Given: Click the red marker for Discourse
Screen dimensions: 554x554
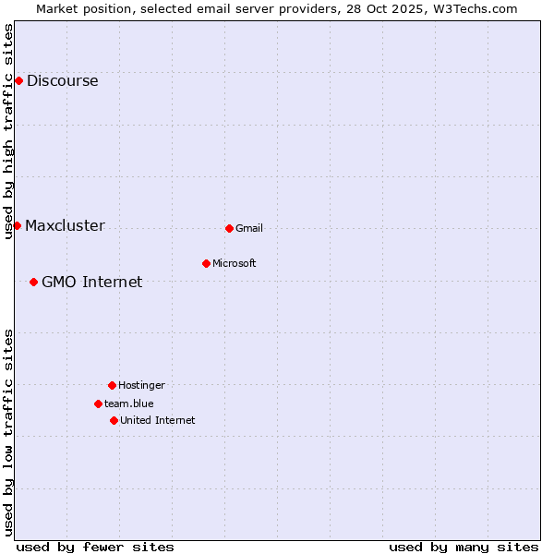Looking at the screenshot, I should pyautogui.click(x=18, y=81).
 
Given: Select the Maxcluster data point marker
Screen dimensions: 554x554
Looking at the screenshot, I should pyautogui.click(x=17, y=226).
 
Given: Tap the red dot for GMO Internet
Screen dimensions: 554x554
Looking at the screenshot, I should pyautogui.click(x=33, y=282).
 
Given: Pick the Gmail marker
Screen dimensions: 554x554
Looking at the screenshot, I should pyautogui.click(x=229, y=228).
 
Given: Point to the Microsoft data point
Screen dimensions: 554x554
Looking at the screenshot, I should pyautogui.click(x=206, y=263).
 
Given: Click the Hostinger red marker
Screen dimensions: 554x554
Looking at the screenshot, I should pyautogui.click(x=112, y=385).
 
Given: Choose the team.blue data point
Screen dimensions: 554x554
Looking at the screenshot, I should pyautogui.click(x=98, y=403).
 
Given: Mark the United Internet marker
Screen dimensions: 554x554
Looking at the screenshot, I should pyautogui.click(x=114, y=420).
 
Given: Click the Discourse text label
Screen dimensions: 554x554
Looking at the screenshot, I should pyautogui.click(x=62, y=81).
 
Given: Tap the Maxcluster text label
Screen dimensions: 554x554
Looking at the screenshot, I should pyautogui.click(x=65, y=226).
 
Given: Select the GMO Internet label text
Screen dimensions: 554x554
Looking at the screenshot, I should pyautogui.click(x=91, y=283).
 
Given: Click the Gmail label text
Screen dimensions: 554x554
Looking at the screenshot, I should pyautogui.click(x=249, y=228).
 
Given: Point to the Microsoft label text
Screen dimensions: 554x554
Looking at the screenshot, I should pyautogui.click(x=235, y=263).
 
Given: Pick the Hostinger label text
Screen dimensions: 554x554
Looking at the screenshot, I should pyautogui.click(x=141, y=385).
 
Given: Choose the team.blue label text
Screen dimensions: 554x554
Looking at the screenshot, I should pyautogui.click(x=129, y=403).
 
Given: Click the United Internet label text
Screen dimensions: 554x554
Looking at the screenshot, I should pyautogui.click(x=158, y=420).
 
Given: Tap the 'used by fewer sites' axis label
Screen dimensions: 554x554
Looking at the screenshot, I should pyautogui.click(x=95, y=547).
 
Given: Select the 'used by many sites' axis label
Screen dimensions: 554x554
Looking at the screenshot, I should pyautogui.click(x=464, y=547).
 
